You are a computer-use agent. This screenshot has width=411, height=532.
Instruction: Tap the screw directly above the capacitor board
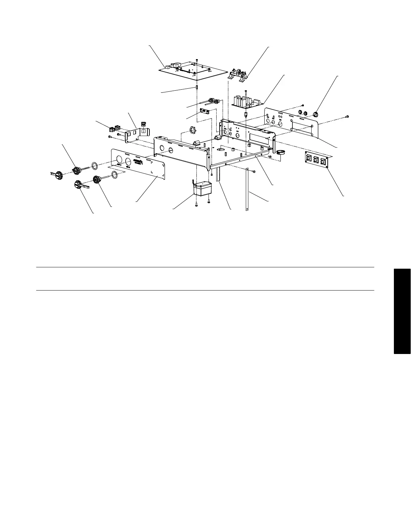click(x=246, y=91)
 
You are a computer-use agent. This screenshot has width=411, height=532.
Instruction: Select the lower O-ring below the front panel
click(x=115, y=174)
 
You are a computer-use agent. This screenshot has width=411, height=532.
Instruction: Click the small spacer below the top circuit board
click(x=197, y=88)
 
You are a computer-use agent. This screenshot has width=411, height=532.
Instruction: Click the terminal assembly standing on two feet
click(x=238, y=75)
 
